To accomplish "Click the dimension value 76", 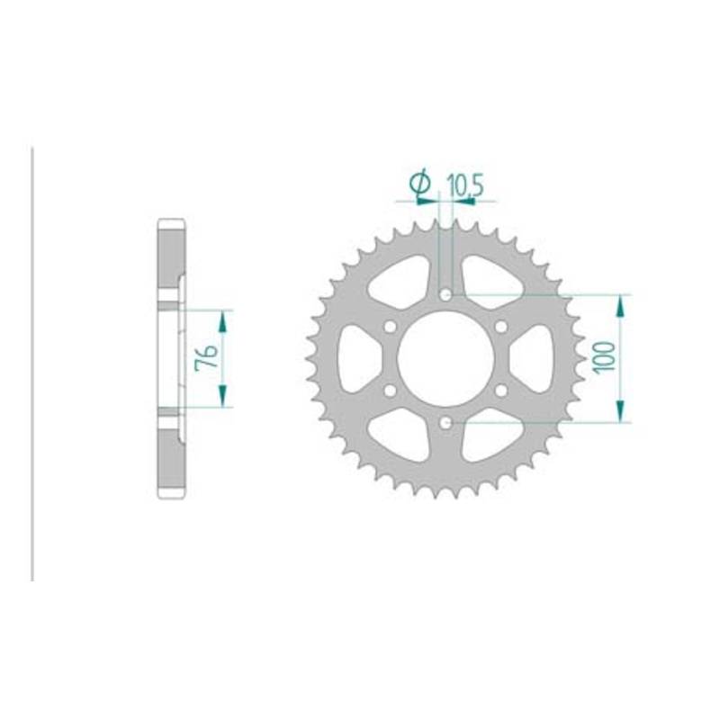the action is point(207,357).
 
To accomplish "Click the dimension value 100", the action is point(604,357).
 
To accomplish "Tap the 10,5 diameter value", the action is point(465,186).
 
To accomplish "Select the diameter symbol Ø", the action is point(419,183).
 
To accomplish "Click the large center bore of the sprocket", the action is point(445,359).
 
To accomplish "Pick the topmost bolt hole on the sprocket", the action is point(445,295).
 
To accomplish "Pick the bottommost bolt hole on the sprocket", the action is point(445,423).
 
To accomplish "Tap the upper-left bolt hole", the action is point(390,327).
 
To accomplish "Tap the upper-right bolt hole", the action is point(501,327).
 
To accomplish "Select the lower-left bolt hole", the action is point(390,391).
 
